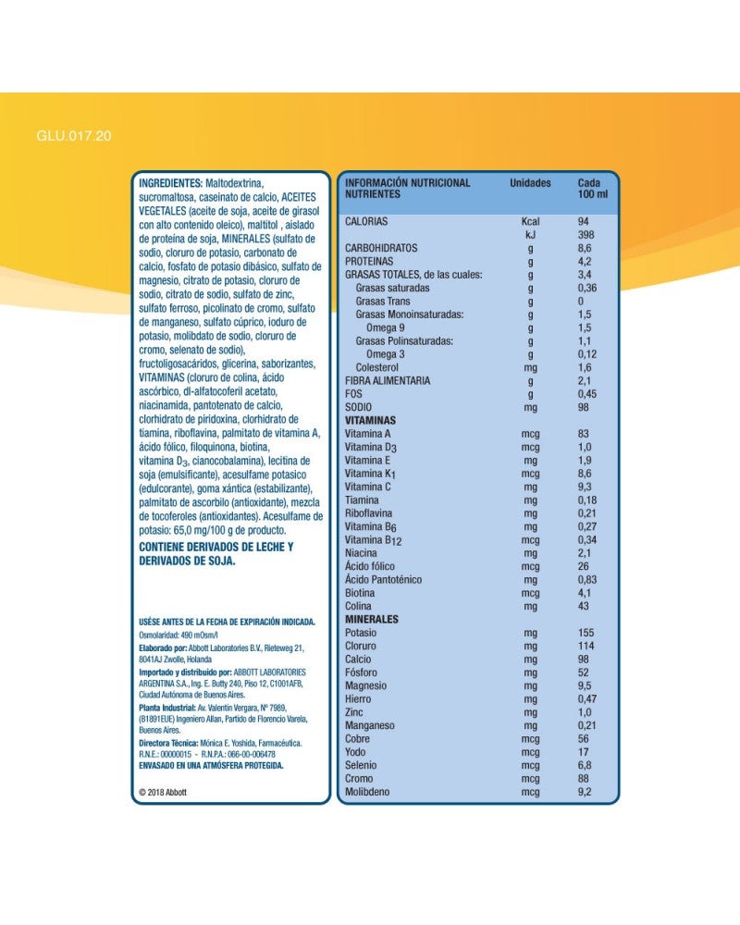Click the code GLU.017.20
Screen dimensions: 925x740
[x=74, y=136]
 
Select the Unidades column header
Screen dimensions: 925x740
[x=530, y=183]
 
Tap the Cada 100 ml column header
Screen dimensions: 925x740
[x=593, y=189]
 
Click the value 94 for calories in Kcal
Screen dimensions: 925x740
[x=584, y=222]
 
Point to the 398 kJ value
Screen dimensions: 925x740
[x=586, y=235]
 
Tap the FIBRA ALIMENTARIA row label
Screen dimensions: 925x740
[x=388, y=380]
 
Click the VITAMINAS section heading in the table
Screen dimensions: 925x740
[x=370, y=420]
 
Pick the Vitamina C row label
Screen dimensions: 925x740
[x=368, y=487]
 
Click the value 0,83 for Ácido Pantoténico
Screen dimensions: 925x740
[x=587, y=579]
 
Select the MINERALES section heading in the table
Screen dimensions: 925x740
[x=371, y=619]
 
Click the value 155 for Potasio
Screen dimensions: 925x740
[x=587, y=633]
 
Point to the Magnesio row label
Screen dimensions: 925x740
[x=365, y=686]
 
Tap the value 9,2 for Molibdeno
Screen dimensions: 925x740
[x=586, y=793]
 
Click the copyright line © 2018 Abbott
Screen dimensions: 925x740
[x=163, y=793]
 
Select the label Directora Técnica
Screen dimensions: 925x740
[x=168, y=743]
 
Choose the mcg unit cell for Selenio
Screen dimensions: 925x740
[x=530, y=766]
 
